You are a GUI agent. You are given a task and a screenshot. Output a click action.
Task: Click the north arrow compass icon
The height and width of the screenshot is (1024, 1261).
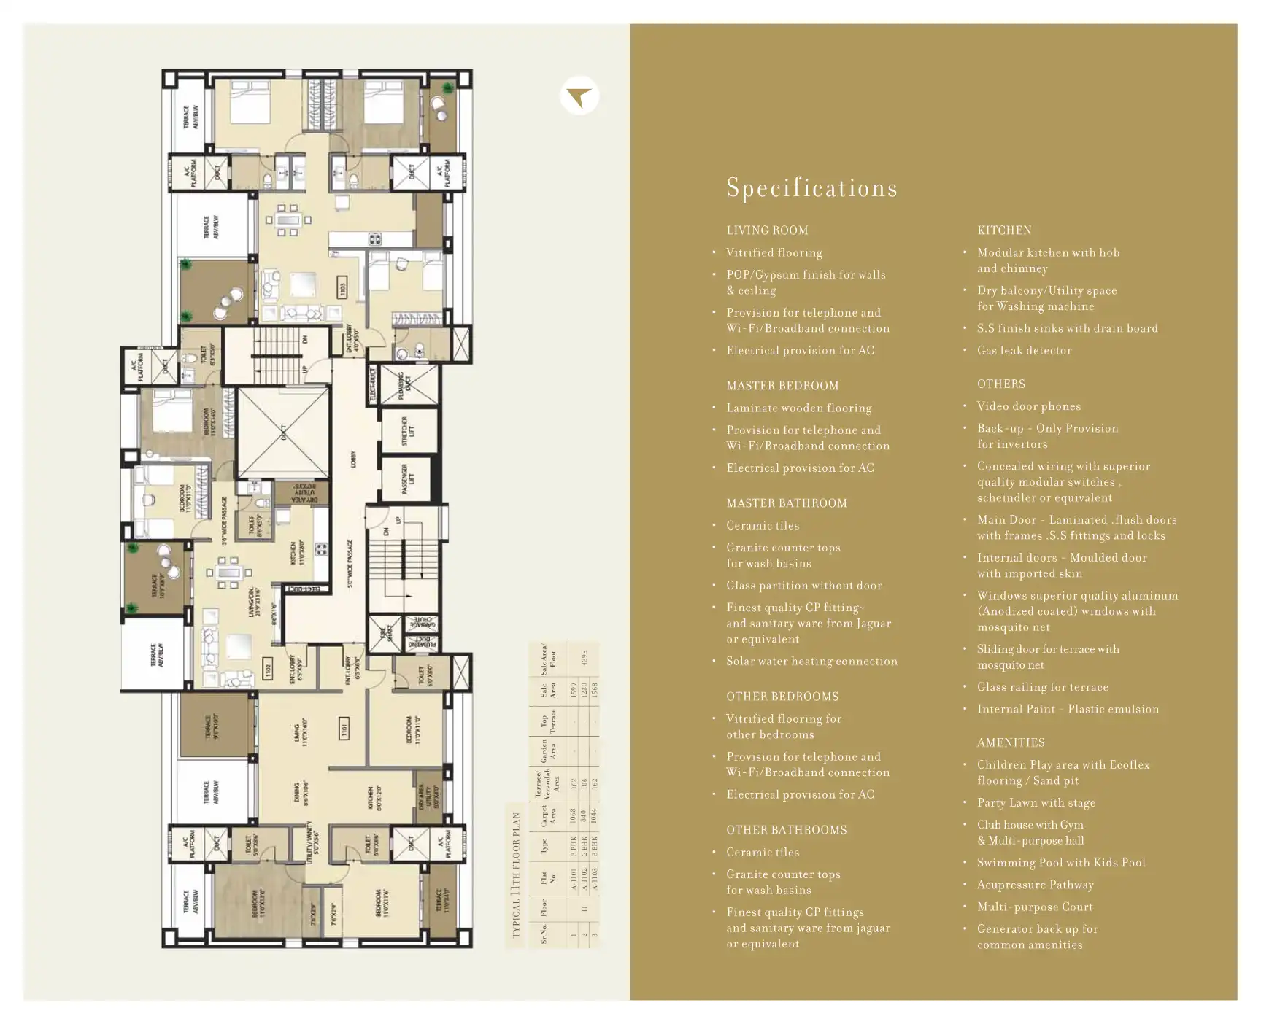click(x=579, y=96)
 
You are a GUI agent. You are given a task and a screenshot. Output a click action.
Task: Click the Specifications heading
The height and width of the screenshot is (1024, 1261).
click(x=811, y=188)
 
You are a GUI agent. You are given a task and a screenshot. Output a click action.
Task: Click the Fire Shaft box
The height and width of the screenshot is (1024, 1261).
click(x=385, y=632)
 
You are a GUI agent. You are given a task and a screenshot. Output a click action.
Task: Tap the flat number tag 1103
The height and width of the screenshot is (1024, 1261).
click(x=342, y=289)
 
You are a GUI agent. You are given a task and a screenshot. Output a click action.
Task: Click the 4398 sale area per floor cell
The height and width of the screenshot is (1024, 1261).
click(x=582, y=659)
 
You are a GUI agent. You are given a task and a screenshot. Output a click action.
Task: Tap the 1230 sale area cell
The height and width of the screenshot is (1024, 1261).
click(x=583, y=689)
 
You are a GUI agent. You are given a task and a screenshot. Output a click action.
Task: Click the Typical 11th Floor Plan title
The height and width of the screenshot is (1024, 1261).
click(x=516, y=875)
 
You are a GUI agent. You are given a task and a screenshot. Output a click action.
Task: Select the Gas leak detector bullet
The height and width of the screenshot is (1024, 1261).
click(x=1024, y=351)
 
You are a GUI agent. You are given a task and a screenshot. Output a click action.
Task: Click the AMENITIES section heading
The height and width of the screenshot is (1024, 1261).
click(x=1011, y=742)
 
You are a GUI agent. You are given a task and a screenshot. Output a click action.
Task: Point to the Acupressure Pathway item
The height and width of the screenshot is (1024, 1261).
click(x=1035, y=885)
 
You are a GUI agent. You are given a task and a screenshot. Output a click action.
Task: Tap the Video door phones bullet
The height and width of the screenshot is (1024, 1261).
click(x=1029, y=406)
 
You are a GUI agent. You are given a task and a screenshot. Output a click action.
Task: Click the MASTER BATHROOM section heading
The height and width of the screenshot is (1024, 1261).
click(x=787, y=503)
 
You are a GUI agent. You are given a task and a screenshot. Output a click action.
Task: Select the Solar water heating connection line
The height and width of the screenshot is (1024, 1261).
click(x=811, y=662)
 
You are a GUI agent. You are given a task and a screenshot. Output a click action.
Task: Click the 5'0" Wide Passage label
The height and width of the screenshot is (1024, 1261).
click(x=350, y=563)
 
